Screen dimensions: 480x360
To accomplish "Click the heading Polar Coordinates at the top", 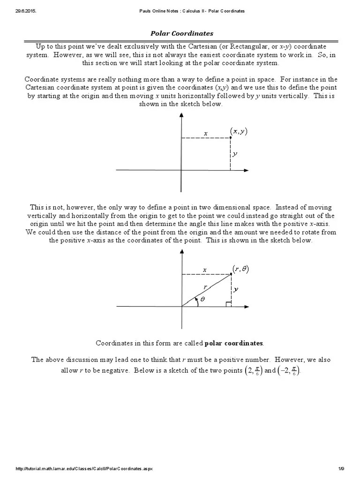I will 181,34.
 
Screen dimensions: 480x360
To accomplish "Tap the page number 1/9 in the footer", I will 341,469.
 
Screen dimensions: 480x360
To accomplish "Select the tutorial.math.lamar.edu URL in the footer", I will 84,469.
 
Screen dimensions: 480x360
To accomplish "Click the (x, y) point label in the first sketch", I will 239,132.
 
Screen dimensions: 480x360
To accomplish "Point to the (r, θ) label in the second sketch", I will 241,269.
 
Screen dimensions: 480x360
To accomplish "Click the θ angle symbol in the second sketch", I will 202,299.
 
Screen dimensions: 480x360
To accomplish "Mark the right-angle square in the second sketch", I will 228,304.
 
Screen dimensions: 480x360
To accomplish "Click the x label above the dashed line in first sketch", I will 205,134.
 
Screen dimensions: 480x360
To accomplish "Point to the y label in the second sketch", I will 236,290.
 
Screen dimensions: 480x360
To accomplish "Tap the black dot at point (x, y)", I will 231,138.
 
